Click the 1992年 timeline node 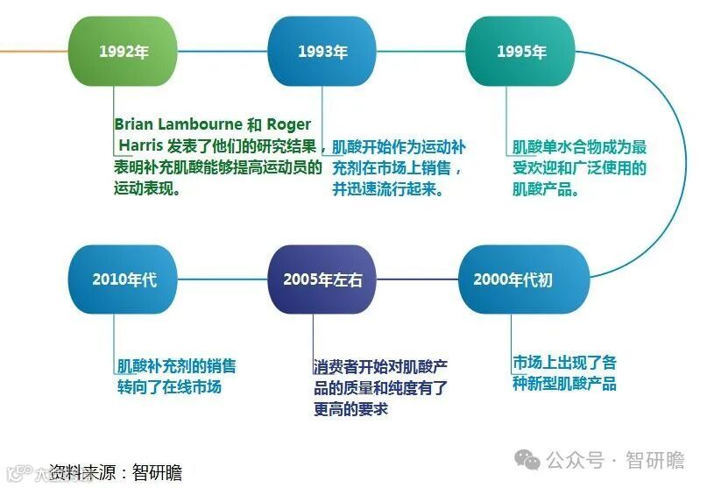click(x=124, y=51)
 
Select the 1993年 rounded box click(x=322, y=51)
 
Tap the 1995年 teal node click(x=520, y=51)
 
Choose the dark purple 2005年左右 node click(x=322, y=279)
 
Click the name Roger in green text click(x=288, y=125)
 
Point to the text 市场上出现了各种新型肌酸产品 click(x=564, y=373)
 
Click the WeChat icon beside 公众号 click(x=527, y=460)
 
